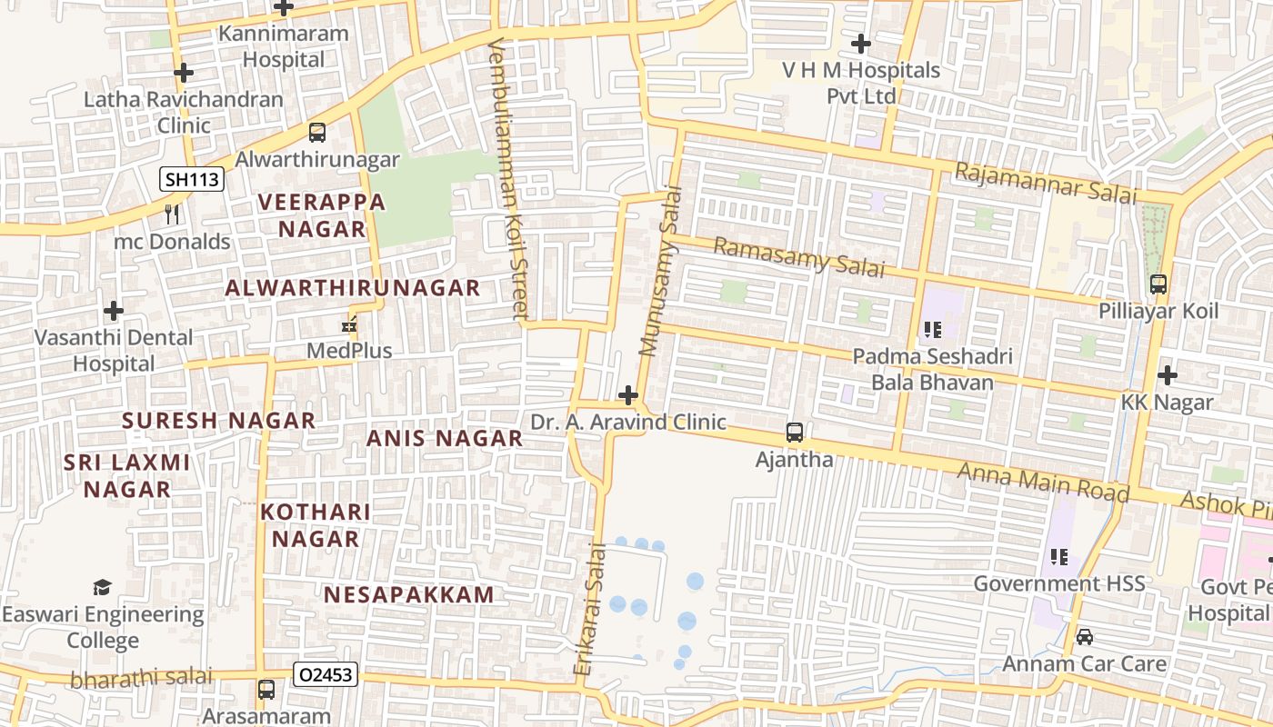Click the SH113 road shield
click(x=192, y=179)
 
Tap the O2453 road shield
click(x=326, y=674)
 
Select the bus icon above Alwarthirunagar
click(x=316, y=133)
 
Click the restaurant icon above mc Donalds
click(x=171, y=214)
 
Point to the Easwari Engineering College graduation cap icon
click(x=102, y=588)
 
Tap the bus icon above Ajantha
click(x=794, y=433)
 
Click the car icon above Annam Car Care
click(x=1084, y=637)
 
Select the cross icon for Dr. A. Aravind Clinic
click(x=627, y=395)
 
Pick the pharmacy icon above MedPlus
click(x=348, y=324)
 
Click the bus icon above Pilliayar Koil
click(x=1158, y=284)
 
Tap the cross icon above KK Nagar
click(x=1167, y=374)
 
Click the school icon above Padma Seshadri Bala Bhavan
click(x=931, y=329)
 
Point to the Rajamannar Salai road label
click(x=1046, y=182)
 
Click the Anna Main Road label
click(x=1043, y=482)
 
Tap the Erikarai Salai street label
click(x=589, y=609)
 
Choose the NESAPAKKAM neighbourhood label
click(x=409, y=595)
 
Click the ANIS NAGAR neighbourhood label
click(x=444, y=438)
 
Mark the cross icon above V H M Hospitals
click(x=860, y=43)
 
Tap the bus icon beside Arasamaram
click(x=266, y=690)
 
